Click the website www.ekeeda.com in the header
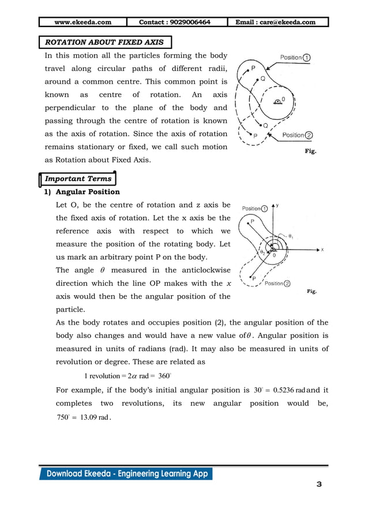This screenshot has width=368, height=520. tap(82, 22)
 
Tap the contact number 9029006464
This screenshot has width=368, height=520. tap(175, 22)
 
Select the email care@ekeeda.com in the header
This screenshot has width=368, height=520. tap(280, 22)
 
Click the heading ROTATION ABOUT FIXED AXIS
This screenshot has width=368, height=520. tap(104, 42)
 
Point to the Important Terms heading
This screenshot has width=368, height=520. tap(78, 179)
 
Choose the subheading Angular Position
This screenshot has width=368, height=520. tap(88, 192)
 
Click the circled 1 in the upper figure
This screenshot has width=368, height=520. tap(307, 58)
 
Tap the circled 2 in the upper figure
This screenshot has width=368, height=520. tap(309, 135)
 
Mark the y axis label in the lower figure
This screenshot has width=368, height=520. tap(277, 205)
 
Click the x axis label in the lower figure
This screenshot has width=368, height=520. tap(322, 250)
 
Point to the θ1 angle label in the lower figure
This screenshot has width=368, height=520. tap(291, 237)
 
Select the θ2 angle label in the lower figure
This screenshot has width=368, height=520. tap(262, 252)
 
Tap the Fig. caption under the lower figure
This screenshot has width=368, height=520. tap(311, 292)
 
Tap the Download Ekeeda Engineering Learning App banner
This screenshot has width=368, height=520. tap(126, 474)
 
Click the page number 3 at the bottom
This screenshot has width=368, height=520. tap(319, 484)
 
